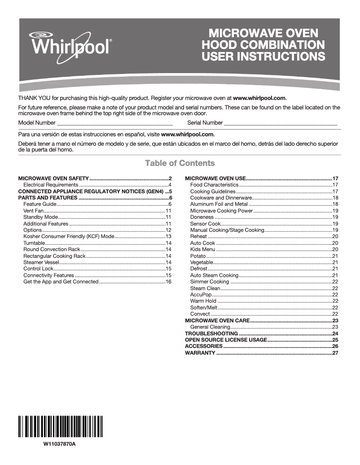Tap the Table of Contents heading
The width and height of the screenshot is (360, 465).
pos(180,163)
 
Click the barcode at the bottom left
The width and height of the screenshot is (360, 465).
pos(61,426)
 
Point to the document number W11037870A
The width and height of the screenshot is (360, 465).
pos(60,444)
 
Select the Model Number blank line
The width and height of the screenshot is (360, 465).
pos(114,122)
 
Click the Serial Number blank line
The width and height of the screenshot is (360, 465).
pos(280,122)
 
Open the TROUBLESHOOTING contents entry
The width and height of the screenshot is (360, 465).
pos(211,334)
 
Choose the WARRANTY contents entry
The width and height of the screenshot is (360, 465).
pos(200,353)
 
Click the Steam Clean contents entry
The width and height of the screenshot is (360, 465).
pos(205,288)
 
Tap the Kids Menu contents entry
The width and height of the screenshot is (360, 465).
pos(202,249)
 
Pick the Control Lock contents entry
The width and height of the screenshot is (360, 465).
pos(38,269)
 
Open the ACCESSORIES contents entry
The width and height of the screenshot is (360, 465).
pos(204,346)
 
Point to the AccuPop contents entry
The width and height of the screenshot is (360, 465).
pos(201,295)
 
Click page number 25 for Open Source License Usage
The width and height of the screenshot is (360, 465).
pos(335,340)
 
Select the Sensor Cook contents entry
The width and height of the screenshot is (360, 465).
pos(206,223)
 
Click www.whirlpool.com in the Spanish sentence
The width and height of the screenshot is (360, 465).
pos(187,135)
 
